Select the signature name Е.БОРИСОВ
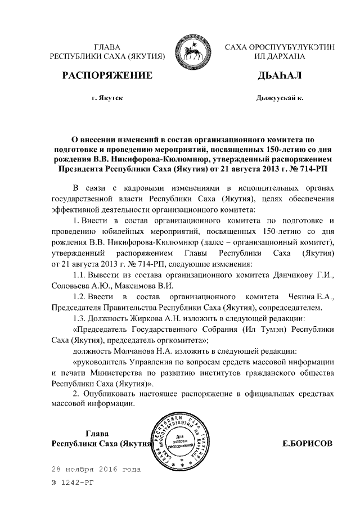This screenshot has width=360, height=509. [307, 443]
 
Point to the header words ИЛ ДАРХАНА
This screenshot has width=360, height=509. [272, 57]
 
